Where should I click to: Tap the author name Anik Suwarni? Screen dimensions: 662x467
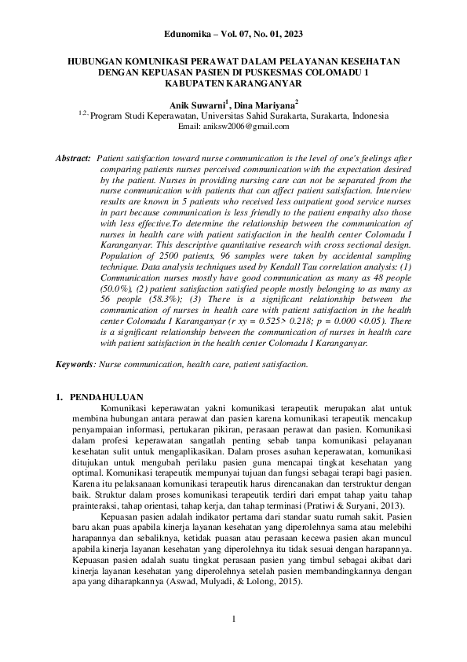coord(196,103)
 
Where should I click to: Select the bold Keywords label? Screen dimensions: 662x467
coord(74,365)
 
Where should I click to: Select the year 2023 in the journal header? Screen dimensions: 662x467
coord(290,35)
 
